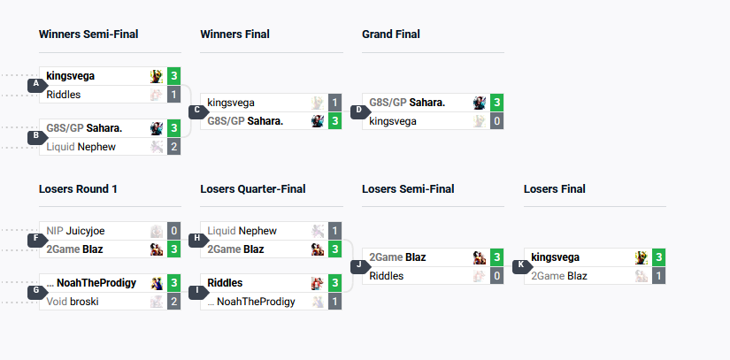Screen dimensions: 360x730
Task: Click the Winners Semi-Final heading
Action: click(x=88, y=34)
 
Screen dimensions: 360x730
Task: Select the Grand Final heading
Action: click(x=391, y=34)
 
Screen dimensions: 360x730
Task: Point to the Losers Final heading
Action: click(x=555, y=188)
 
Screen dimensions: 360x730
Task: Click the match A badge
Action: click(x=36, y=85)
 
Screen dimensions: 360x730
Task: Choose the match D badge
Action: click(x=359, y=111)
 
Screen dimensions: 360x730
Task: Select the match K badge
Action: click(x=521, y=265)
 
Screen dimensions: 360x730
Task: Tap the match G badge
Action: click(x=36, y=291)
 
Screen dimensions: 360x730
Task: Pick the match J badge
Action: click(x=359, y=265)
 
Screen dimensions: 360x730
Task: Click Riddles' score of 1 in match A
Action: click(x=174, y=94)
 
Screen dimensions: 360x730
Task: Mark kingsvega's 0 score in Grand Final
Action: click(x=497, y=120)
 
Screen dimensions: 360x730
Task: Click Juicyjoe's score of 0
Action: click(x=174, y=231)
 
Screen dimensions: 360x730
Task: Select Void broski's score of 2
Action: click(x=174, y=301)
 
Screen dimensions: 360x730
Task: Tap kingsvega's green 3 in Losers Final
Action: click(x=658, y=257)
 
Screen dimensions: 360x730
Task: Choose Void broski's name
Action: click(x=73, y=301)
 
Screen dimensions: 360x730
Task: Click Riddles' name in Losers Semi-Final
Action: click(x=387, y=276)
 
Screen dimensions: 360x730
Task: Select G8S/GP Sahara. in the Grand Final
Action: click(x=407, y=103)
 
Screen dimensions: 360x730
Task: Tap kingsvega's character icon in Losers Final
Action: click(x=641, y=257)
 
